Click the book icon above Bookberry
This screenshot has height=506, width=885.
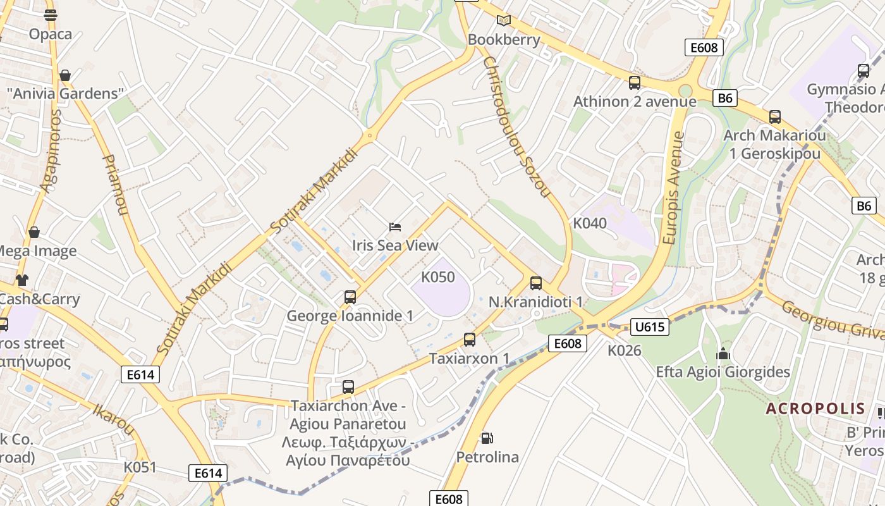pos(503,21)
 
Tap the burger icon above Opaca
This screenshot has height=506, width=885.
pos(51,15)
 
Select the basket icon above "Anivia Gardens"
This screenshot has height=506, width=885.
pos(64,76)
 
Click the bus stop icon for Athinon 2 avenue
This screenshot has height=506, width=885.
pos(634,83)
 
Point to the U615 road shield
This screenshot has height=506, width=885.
pos(649,327)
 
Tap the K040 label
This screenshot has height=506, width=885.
pos(590,223)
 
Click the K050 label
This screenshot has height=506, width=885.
pos(438,277)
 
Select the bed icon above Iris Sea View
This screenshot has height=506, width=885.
pos(395,226)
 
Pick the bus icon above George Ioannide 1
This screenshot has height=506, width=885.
pos(350,297)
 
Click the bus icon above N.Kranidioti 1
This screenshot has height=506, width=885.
pos(536,283)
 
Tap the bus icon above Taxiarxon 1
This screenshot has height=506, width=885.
pos(469,340)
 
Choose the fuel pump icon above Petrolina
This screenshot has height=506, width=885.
pos(487,438)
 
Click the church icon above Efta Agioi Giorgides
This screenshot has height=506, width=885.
pos(723,353)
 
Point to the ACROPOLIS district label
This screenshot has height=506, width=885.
pos(815,409)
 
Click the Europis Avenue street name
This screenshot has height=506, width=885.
pos(674,188)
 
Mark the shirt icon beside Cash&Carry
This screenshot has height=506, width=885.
pos(22,280)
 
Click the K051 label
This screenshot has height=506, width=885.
pos(139,467)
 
